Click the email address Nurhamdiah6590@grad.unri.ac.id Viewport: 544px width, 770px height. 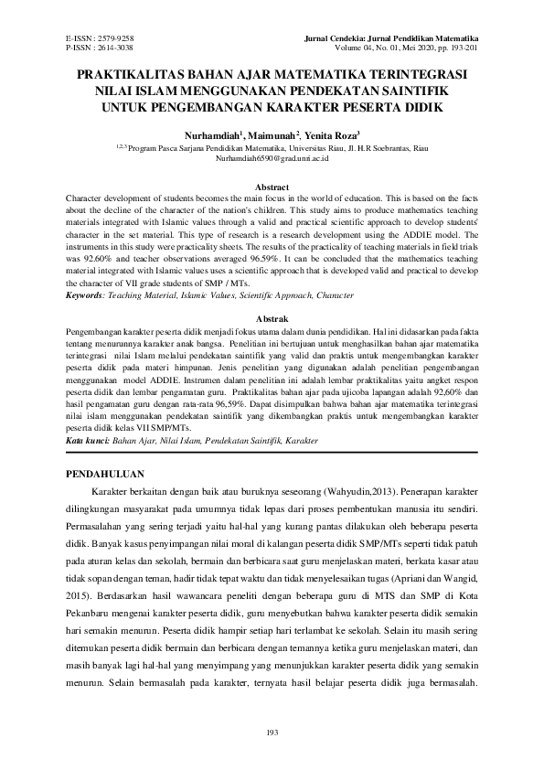(x=272, y=157)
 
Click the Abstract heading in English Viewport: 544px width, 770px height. (x=272, y=187)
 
